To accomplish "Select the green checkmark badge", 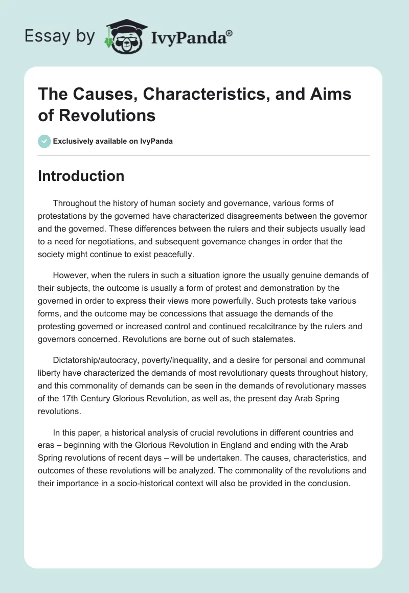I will [44, 141].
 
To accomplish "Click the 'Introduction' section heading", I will [81, 176].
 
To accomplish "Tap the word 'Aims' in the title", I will [330, 95].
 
